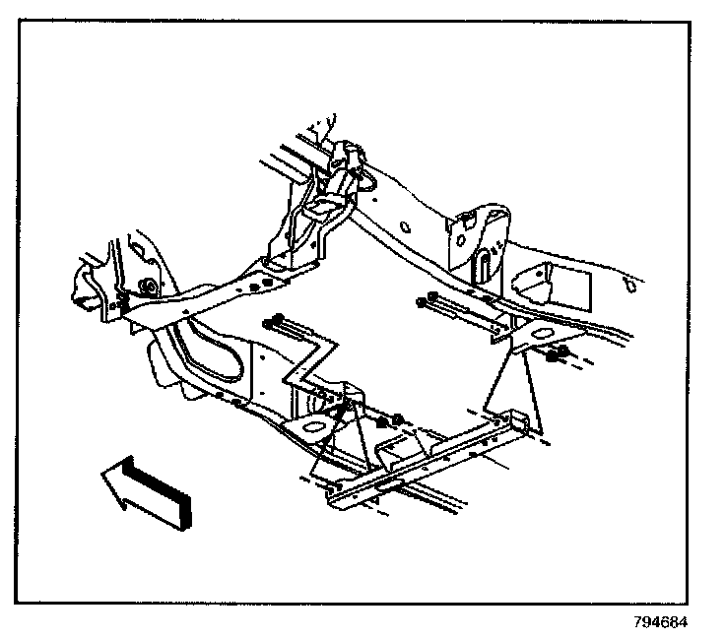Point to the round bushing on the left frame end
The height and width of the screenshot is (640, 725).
148,288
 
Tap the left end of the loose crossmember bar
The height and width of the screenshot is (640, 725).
335,497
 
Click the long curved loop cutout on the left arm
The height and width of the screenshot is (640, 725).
212,350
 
